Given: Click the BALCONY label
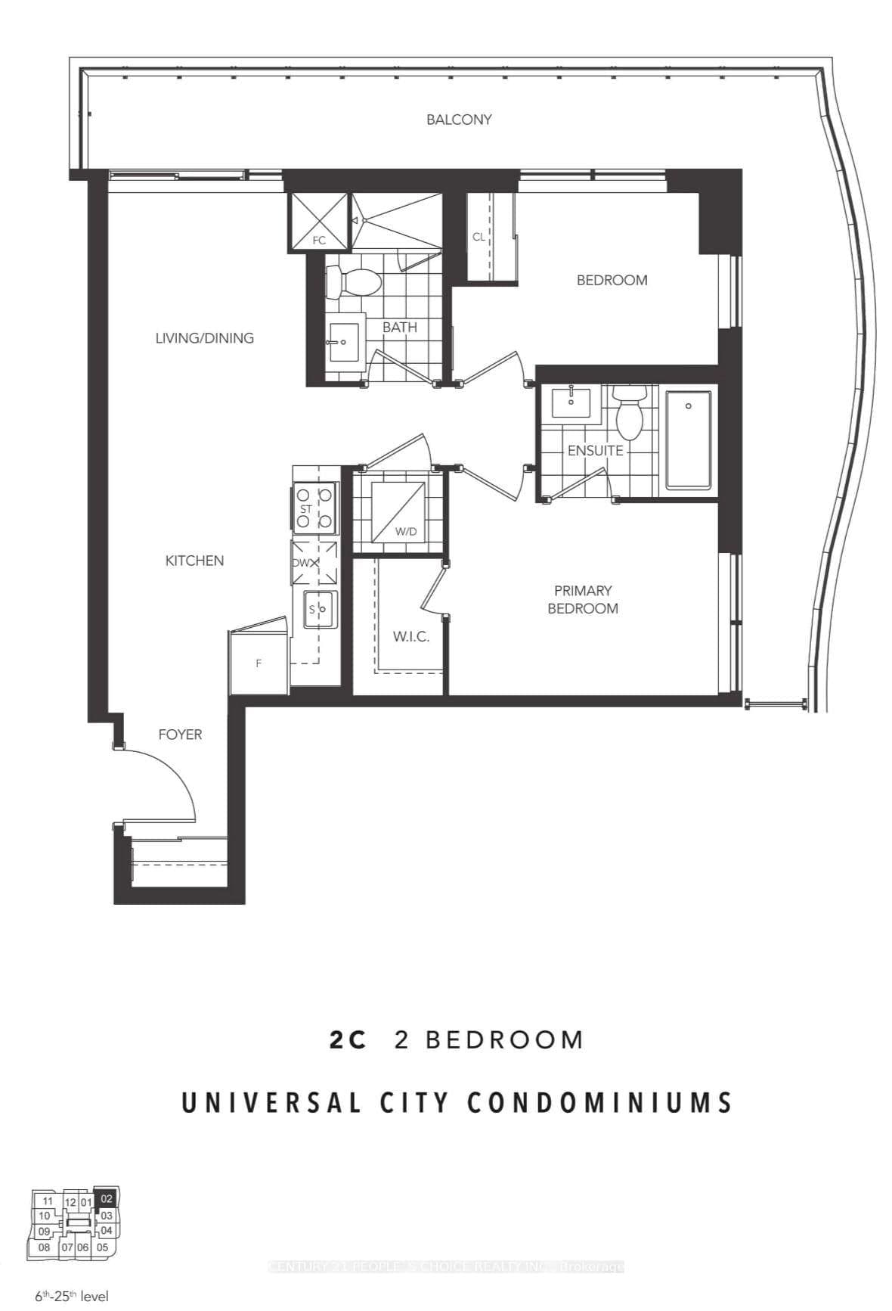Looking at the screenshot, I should click(458, 120).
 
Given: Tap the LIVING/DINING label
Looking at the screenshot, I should click(204, 338).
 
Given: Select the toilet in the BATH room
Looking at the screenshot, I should click(354, 284).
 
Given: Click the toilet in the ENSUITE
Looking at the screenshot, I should click(628, 412).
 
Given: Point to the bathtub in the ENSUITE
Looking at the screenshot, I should click(688, 439).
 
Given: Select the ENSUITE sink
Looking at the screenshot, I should click(570, 402).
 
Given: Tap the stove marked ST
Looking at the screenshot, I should click(315, 508).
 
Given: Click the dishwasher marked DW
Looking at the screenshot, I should click(315, 563).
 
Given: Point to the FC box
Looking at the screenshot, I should click(319, 222).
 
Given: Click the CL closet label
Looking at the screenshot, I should click(479, 237).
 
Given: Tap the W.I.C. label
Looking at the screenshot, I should click(410, 637).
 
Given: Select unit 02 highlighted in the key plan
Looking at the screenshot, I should click(107, 1198).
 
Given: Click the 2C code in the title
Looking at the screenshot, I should click(348, 1040).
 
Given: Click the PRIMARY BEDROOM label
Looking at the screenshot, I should click(582, 599).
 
